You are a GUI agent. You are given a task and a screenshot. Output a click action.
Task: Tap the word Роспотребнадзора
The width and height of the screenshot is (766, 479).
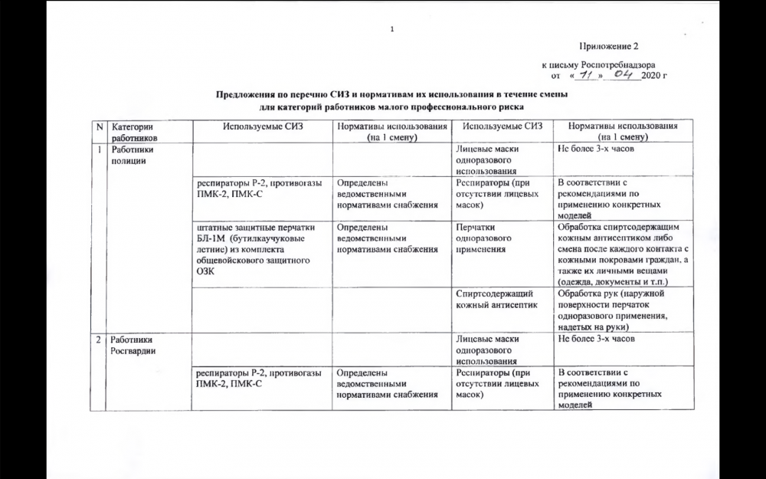pyautogui.click(x=619, y=66)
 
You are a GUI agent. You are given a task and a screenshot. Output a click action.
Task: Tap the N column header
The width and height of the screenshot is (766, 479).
pyautogui.click(x=99, y=126)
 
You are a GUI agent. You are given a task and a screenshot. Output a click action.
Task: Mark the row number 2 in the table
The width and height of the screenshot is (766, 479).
pyautogui.click(x=99, y=340)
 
